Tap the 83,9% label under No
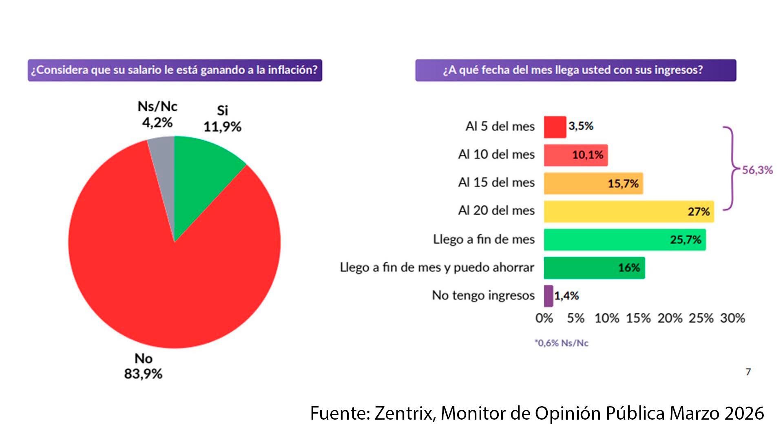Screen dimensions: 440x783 click(143, 374)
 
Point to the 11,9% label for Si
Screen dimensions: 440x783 click(222, 127)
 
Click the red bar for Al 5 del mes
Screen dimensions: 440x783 click(555, 127)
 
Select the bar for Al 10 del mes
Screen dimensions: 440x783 click(575, 155)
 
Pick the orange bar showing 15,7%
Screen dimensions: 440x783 click(593, 183)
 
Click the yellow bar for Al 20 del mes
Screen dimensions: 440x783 click(628, 211)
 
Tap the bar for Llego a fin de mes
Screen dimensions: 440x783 click(624, 240)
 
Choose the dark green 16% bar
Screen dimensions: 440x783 click(594, 268)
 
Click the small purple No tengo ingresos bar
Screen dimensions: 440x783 click(549, 296)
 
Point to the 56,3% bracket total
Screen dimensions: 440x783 click(757, 170)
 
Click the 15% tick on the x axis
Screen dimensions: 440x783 click(638, 318)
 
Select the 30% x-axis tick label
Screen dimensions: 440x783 click(732, 318)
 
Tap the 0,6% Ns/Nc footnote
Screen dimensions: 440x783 click(562, 343)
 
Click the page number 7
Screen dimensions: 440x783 click(748, 372)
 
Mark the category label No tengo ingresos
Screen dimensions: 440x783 click(483, 295)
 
